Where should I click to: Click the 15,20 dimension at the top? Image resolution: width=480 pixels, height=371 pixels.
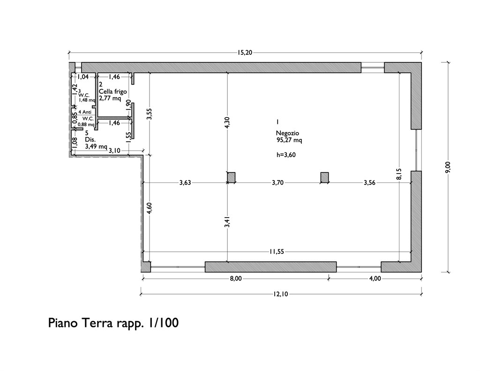[x=245, y=53]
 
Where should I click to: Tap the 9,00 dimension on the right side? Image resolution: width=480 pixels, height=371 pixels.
[x=448, y=167]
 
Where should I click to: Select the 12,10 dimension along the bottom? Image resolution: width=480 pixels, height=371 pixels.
[x=281, y=294]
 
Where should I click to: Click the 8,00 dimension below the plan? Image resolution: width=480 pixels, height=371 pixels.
[x=235, y=279]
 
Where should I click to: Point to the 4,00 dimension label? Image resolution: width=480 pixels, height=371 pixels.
[x=375, y=279]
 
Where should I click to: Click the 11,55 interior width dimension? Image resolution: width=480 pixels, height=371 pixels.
[x=277, y=252]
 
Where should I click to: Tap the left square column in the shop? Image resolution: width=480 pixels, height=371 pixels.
[x=231, y=177]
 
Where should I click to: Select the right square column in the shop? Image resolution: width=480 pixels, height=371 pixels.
[x=324, y=177]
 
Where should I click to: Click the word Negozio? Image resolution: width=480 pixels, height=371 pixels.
[x=287, y=133]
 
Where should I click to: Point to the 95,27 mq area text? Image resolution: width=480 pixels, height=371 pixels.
[x=289, y=140]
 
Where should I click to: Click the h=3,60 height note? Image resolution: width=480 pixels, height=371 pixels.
[x=286, y=155]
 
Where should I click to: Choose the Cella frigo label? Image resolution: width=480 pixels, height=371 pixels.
[x=112, y=91]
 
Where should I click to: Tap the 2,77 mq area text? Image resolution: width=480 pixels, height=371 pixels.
[x=110, y=98]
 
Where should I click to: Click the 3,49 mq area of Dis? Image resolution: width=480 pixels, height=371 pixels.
[x=96, y=146]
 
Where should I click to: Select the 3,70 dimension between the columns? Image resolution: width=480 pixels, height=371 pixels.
[x=277, y=183]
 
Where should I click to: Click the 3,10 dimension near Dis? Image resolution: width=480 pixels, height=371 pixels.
[x=114, y=151]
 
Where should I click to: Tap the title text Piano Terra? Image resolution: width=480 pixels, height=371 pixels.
[x=81, y=323]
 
